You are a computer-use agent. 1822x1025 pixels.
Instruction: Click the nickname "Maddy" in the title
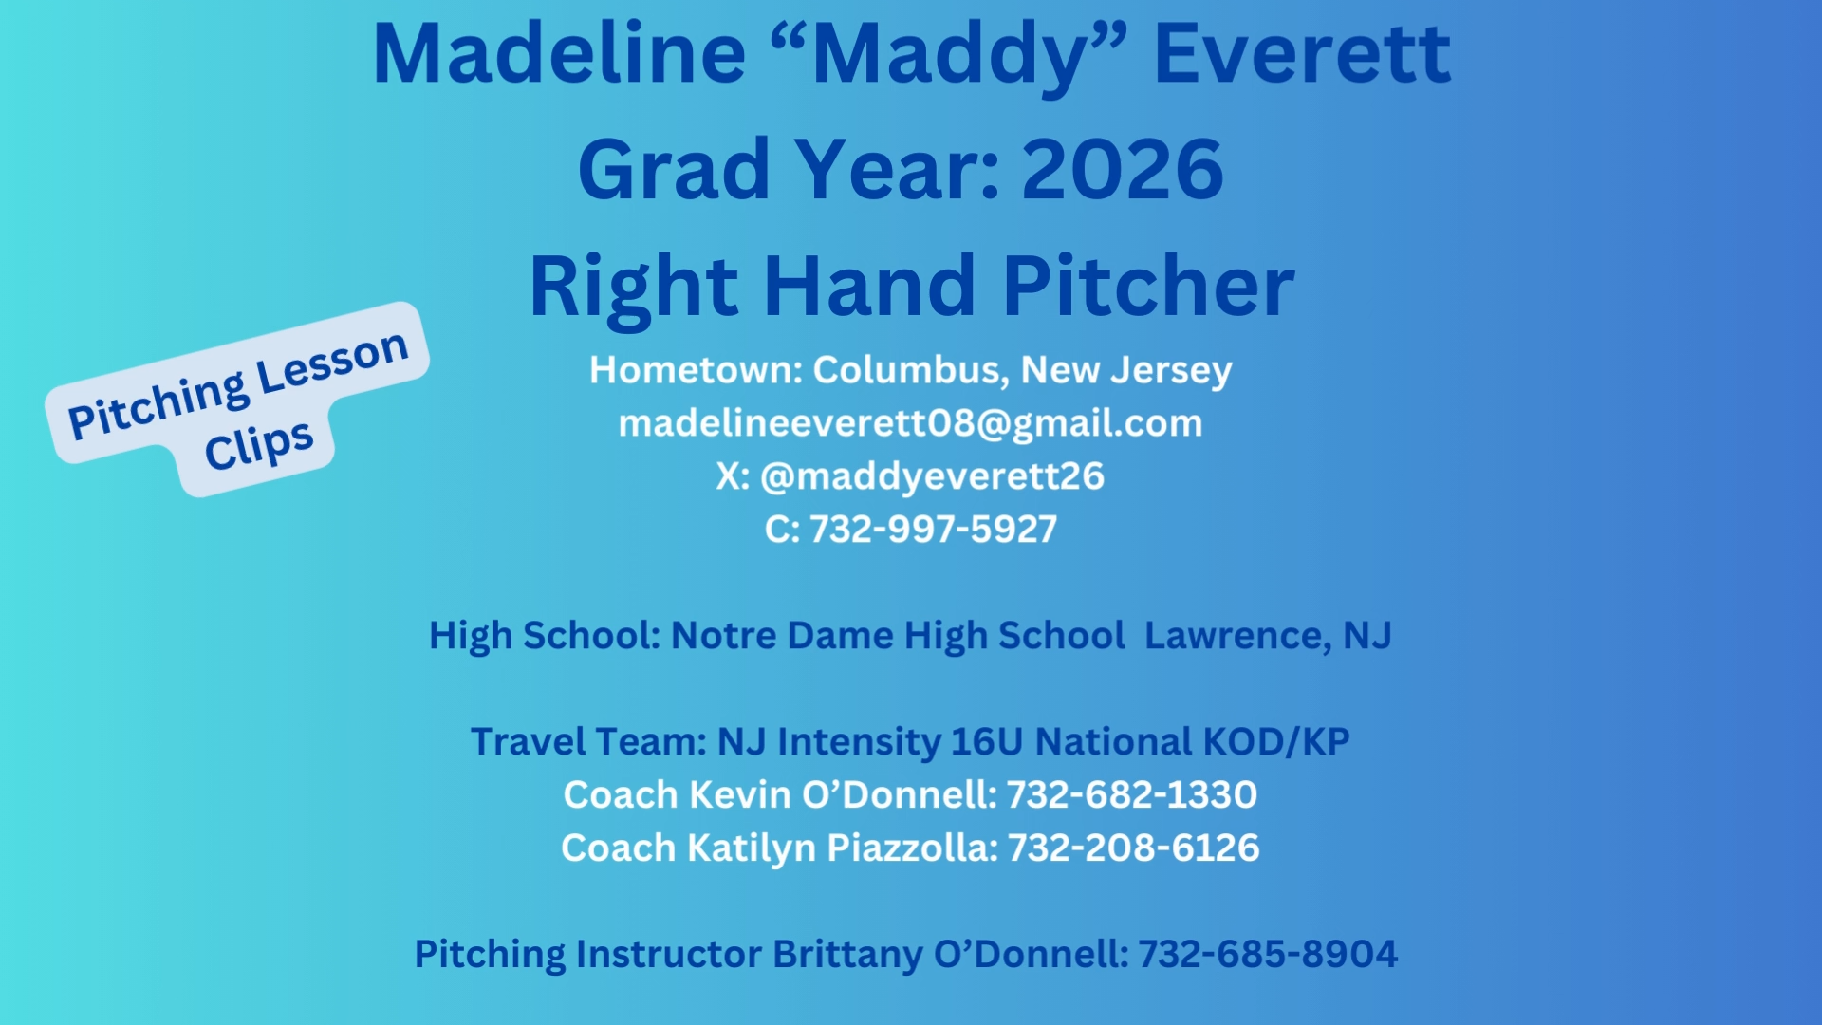point(949,55)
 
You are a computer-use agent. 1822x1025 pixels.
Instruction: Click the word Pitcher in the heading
point(1148,286)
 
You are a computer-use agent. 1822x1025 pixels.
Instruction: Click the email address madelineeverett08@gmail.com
point(911,423)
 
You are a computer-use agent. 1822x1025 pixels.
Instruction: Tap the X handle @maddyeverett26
point(932,476)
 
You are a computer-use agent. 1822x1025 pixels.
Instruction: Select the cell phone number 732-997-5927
point(933,530)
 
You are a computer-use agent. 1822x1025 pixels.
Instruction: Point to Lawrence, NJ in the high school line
point(1268,636)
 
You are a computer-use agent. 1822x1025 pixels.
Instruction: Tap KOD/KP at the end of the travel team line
point(1276,742)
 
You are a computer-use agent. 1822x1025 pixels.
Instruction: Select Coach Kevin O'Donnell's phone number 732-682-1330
point(1132,795)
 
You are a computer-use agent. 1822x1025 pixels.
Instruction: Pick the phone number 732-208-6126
point(1134,848)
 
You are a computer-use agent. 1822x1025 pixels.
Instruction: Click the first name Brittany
point(847,955)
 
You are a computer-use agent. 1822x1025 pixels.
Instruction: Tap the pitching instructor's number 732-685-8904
point(1268,955)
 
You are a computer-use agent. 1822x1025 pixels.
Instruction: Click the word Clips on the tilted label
point(258,445)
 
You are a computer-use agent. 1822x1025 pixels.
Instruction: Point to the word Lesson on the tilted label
point(332,362)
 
